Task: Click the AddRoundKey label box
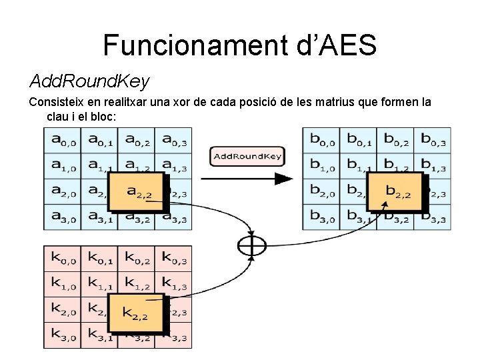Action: (247, 156)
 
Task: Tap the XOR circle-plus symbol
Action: (251, 246)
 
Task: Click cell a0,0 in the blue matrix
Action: (63, 140)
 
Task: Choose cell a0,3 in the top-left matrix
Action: (173, 140)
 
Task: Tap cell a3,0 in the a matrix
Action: (63, 217)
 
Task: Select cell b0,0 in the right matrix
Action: (322, 140)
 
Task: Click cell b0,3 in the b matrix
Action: (432, 140)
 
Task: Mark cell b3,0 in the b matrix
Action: (322, 217)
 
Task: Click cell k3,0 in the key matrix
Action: (63, 335)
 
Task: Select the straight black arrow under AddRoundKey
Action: (247, 179)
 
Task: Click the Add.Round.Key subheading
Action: (89, 81)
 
